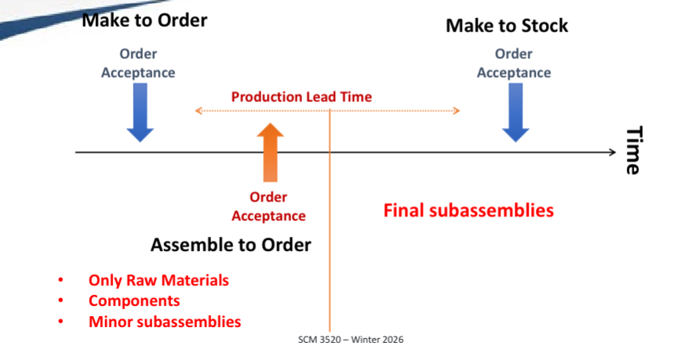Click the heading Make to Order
(x=144, y=20)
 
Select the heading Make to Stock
(x=507, y=25)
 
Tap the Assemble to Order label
(x=231, y=245)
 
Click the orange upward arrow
(x=270, y=152)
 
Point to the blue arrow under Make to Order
(x=140, y=113)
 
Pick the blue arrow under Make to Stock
(x=515, y=113)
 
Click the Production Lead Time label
(x=301, y=97)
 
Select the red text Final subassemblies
(x=468, y=210)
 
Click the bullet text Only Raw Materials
(x=158, y=280)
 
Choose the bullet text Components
(x=134, y=300)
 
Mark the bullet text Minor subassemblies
(x=165, y=322)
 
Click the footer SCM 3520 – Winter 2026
(x=351, y=340)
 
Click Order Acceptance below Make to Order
(x=138, y=64)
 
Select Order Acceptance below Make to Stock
(x=514, y=64)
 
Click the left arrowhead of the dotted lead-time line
(x=198, y=111)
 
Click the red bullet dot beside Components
(x=60, y=301)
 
